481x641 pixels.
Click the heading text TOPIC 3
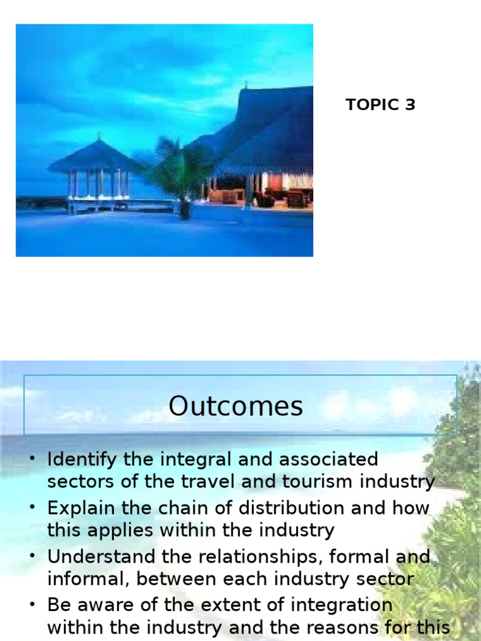(380, 105)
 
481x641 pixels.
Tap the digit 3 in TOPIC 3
(410, 105)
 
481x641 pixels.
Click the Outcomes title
(235, 407)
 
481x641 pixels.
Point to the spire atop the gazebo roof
(98, 135)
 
